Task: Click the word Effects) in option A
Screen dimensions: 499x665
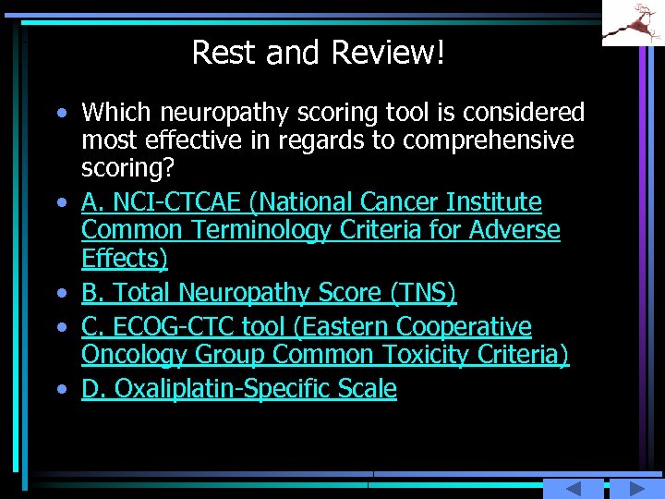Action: point(125,257)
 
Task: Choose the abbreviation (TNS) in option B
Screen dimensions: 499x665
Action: point(423,293)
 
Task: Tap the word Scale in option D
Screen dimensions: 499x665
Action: point(367,389)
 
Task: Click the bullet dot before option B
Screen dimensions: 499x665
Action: point(61,294)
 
